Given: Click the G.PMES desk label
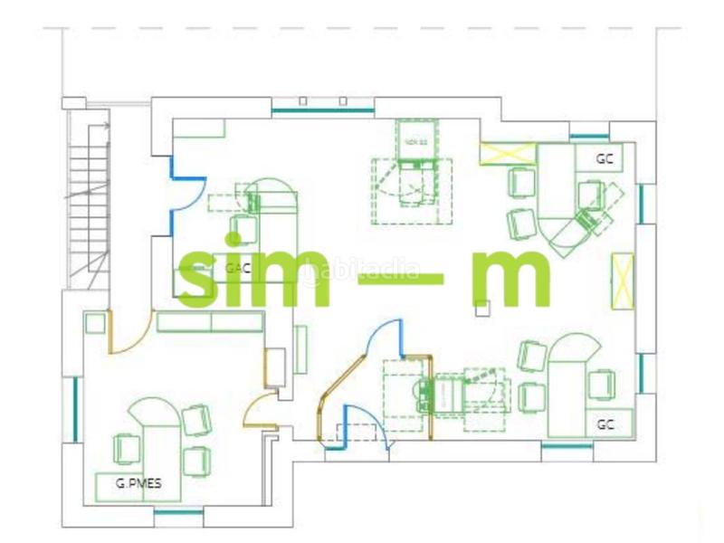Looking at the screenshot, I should (138, 483).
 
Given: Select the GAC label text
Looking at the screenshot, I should (237, 268).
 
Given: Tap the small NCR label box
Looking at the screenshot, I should (416, 142).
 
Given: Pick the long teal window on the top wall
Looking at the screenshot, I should (322, 110).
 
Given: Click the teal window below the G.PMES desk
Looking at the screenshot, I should (177, 513).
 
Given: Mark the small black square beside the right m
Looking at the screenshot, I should (482, 310).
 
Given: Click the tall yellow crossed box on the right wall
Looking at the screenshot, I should (624, 277).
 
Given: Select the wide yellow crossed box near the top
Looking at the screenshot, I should (496, 151).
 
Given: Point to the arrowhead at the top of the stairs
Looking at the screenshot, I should (106, 126).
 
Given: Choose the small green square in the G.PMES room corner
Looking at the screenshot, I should (92, 321).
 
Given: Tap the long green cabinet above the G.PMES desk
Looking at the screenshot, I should (210, 322).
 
